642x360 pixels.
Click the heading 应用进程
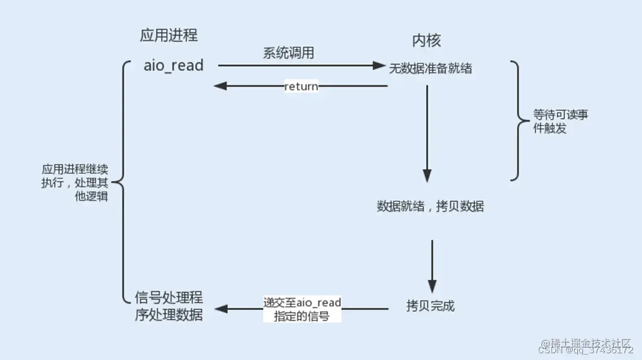click(x=169, y=35)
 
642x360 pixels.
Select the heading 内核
click(x=427, y=40)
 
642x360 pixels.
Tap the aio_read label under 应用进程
click(x=173, y=66)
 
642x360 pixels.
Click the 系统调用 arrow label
click(x=288, y=53)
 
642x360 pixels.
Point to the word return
click(x=301, y=87)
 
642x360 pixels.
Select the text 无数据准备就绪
click(x=431, y=69)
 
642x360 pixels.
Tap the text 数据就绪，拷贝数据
click(x=430, y=206)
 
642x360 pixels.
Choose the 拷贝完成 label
click(x=430, y=306)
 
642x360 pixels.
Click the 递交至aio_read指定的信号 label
click(x=302, y=309)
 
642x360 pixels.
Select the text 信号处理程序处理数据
click(x=169, y=306)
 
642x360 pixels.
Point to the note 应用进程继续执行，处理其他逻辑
click(x=75, y=183)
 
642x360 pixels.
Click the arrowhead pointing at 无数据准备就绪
click(x=378, y=66)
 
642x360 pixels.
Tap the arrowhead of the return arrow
click(x=219, y=86)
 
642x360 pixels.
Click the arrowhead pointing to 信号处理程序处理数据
click(x=220, y=309)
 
